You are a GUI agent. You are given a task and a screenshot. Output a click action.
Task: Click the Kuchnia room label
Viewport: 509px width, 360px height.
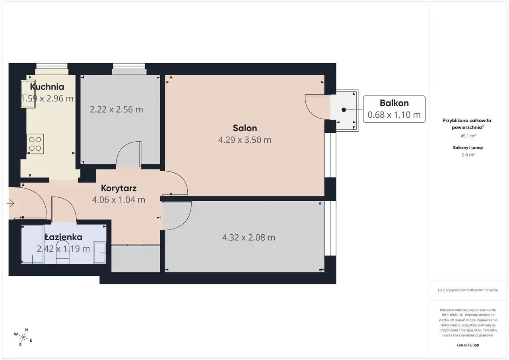pyautogui.click(x=47, y=87)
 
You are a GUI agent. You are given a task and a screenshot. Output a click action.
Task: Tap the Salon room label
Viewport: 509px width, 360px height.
pyautogui.click(x=245, y=128)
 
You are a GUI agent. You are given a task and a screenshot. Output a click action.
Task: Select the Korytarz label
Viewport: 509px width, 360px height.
pyautogui.click(x=119, y=188)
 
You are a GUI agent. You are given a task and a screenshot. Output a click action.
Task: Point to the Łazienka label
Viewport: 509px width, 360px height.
pyautogui.click(x=63, y=237)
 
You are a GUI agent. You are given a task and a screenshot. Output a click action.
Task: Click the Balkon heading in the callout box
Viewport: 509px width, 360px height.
pyautogui.click(x=394, y=103)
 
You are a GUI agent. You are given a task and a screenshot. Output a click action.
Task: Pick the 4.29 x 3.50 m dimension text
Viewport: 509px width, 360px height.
pyautogui.click(x=245, y=140)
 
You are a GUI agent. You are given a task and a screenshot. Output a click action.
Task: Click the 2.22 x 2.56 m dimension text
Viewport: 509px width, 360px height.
pyautogui.click(x=117, y=109)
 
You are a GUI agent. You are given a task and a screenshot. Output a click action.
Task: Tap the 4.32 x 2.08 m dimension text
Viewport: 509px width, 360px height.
pyautogui.click(x=249, y=237)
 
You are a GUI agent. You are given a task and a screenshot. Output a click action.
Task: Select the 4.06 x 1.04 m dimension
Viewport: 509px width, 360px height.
pyautogui.click(x=119, y=200)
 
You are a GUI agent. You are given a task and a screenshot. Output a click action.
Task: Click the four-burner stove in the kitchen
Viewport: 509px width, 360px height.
pyautogui.click(x=35, y=144)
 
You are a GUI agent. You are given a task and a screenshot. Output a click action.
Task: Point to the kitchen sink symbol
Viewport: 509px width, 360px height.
pyautogui.click(x=28, y=94)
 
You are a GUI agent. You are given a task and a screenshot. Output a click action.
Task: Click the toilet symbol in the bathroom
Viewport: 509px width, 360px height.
pyautogui.click(x=62, y=252)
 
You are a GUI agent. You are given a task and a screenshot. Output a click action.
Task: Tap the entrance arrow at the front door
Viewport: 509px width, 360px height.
pyautogui.click(x=10, y=203)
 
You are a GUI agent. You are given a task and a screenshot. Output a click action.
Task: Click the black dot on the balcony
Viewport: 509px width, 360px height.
pyautogui.click(x=344, y=110)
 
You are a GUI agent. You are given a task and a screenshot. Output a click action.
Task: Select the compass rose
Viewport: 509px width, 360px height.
pyautogui.click(x=23, y=337)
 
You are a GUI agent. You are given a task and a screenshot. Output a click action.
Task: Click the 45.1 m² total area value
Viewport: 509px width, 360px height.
pyautogui.click(x=468, y=136)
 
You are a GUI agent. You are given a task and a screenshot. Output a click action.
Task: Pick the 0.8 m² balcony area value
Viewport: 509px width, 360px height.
pyautogui.click(x=468, y=155)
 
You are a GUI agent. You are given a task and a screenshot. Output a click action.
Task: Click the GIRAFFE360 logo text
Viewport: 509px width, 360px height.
pyautogui.click(x=468, y=345)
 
